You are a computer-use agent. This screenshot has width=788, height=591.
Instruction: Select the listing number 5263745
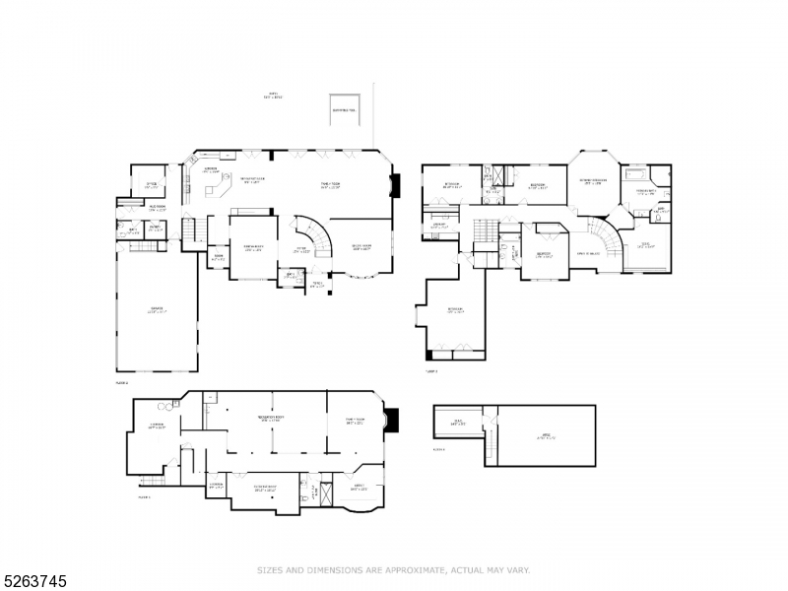tap(34, 578)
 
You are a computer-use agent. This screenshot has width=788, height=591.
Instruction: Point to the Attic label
tap(545, 437)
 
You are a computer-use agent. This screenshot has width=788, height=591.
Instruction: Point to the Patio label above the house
tap(273, 97)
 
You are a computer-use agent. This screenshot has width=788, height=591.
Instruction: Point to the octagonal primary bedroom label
tap(592, 182)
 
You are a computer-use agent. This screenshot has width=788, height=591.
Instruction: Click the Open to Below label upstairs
tap(589, 253)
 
